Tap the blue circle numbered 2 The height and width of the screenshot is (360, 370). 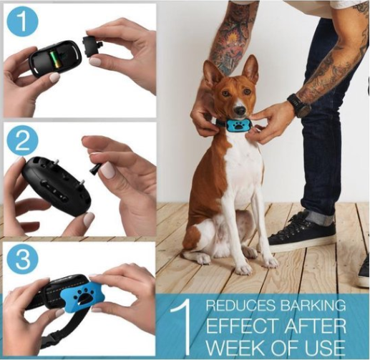(x=23, y=142)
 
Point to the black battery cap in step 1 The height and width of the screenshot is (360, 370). (x=92, y=47)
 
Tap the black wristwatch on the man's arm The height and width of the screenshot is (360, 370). (x=299, y=105)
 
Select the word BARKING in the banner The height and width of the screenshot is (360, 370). (x=313, y=306)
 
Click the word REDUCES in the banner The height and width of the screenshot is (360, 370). (x=241, y=306)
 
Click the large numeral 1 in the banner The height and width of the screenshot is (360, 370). (x=182, y=327)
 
